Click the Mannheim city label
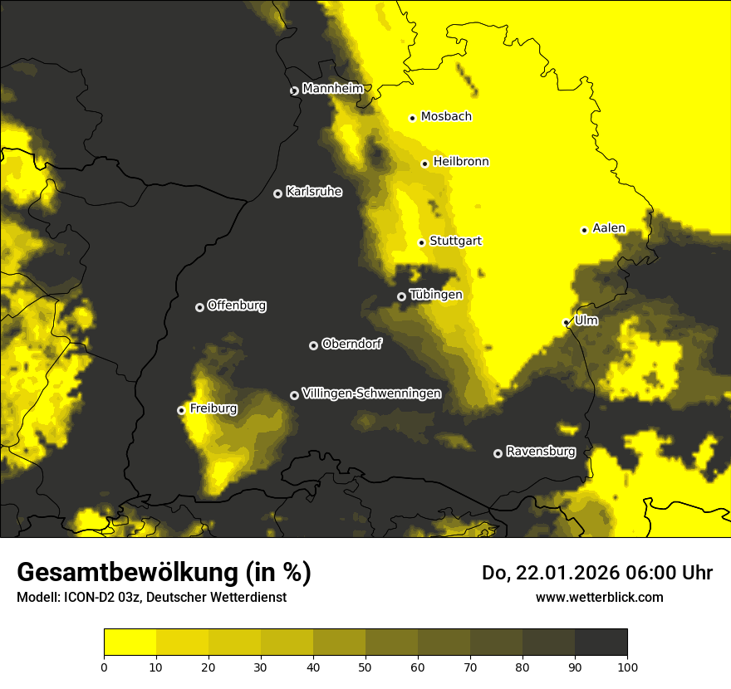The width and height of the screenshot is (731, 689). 333,89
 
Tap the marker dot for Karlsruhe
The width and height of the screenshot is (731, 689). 277,193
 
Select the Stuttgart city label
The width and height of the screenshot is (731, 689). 455,242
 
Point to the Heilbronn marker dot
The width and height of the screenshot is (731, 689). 424,164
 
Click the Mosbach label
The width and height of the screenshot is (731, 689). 446,117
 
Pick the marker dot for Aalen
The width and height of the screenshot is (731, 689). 584,230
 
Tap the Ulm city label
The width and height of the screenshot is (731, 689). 586,320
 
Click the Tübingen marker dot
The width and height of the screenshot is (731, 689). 401,296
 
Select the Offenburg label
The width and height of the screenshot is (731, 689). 237,305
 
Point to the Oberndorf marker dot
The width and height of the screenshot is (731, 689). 313,345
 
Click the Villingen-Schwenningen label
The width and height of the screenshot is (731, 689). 371,393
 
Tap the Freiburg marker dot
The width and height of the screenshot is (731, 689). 181,410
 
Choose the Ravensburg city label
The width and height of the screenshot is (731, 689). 541,452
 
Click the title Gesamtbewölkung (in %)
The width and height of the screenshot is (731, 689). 164,573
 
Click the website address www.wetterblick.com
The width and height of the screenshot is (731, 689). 599,597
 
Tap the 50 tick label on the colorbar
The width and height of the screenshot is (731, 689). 365,666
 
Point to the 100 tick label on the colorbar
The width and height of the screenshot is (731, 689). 627,666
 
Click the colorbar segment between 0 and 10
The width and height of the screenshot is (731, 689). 130,643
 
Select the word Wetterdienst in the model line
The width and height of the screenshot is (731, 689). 250,597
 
